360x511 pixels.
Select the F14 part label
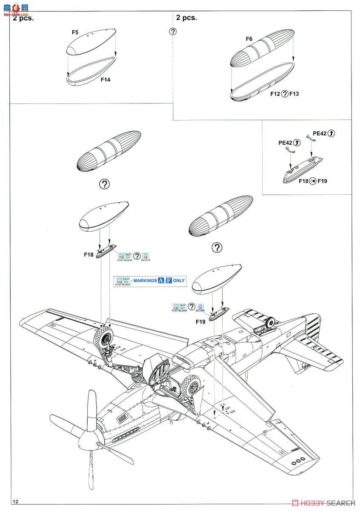click(x=106, y=79)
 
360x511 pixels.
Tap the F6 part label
click(x=249, y=39)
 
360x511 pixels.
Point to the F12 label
click(x=275, y=94)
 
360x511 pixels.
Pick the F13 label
click(x=294, y=94)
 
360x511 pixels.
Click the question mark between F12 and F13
click(x=285, y=94)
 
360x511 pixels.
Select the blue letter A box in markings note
click(x=160, y=281)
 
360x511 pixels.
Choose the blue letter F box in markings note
click(x=169, y=281)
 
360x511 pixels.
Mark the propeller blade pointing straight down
click(x=91, y=473)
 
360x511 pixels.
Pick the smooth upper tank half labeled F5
click(x=91, y=43)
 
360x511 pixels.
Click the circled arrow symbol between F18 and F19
click(x=313, y=181)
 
